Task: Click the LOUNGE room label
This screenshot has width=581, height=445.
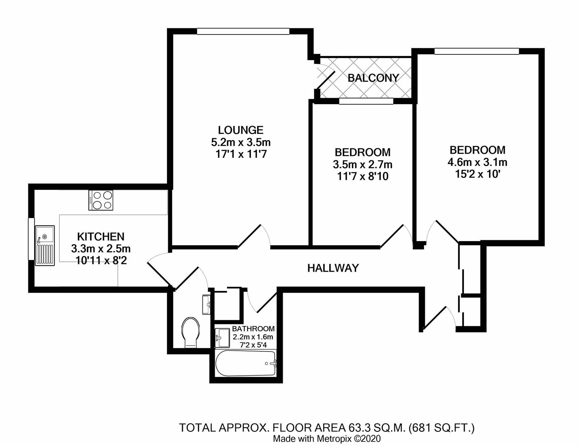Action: point(241,130)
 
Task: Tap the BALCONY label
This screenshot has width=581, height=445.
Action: point(373,78)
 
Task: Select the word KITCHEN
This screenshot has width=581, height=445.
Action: point(101,237)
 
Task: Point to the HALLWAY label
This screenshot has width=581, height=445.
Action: point(333,268)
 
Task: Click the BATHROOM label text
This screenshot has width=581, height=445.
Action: point(253,329)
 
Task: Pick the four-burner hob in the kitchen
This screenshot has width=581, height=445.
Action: point(101,200)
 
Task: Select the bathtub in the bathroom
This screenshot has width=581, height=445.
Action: point(246,363)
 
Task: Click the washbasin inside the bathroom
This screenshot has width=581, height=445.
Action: point(223,338)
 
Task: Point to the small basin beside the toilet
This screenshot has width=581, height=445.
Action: point(206,304)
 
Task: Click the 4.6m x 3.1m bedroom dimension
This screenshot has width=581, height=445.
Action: point(477,162)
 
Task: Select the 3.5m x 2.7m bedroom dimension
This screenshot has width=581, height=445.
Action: point(362,165)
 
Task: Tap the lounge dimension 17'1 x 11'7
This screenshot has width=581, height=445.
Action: point(241,155)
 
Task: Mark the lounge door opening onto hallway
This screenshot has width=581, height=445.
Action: point(250,237)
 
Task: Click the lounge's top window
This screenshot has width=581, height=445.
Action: point(243,31)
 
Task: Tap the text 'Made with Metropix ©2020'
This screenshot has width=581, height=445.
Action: point(327,438)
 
